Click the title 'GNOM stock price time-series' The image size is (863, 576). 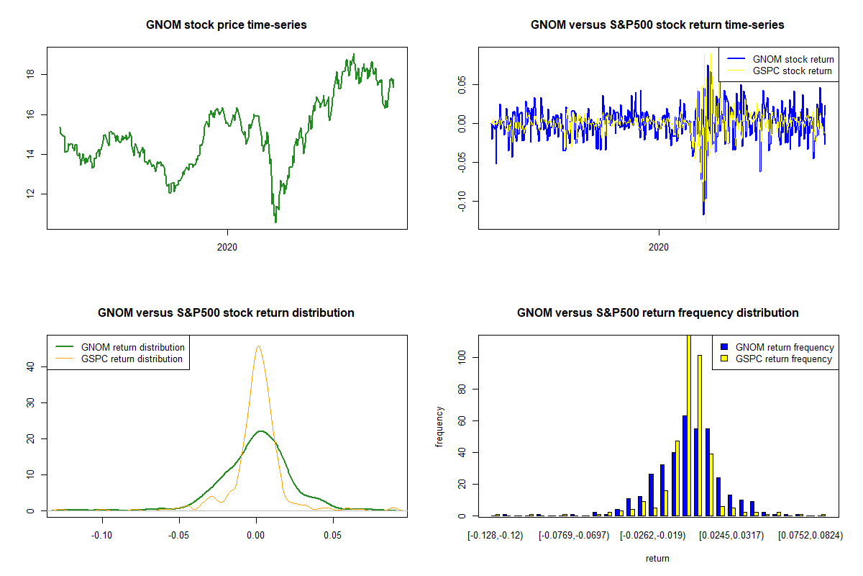pyautogui.click(x=227, y=25)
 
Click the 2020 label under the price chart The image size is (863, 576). pyautogui.click(x=227, y=247)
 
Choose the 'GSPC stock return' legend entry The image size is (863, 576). pyautogui.click(x=792, y=71)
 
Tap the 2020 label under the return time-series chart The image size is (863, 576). pyautogui.click(x=659, y=247)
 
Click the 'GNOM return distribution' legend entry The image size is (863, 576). pyautogui.click(x=133, y=347)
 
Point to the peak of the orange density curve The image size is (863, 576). pyautogui.click(x=258, y=346)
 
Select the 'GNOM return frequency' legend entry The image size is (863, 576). pyautogui.click(x=785, y=347)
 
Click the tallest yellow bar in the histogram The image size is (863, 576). pyautogui.click(x=688, y=425)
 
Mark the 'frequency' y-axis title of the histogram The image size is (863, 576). pyautogui.click(x=439, y=426)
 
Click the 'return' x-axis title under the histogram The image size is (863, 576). pyautogui.click(x=657, y=558)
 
